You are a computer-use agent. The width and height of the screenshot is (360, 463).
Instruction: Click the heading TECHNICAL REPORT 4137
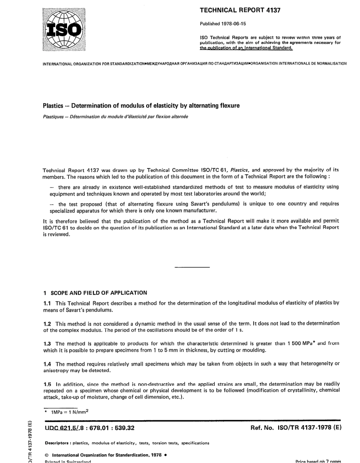[240, 10]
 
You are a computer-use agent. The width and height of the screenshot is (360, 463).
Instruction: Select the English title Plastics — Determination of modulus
[141, 106]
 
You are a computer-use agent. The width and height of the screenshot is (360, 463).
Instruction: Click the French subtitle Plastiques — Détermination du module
[115, 116]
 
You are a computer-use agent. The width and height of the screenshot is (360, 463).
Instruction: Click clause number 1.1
[47, 302]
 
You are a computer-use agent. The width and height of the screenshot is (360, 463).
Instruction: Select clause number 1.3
[47, 343]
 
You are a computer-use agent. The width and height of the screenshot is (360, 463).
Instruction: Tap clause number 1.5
[47, 384]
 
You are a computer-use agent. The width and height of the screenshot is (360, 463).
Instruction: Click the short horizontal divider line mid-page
[192, 268]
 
